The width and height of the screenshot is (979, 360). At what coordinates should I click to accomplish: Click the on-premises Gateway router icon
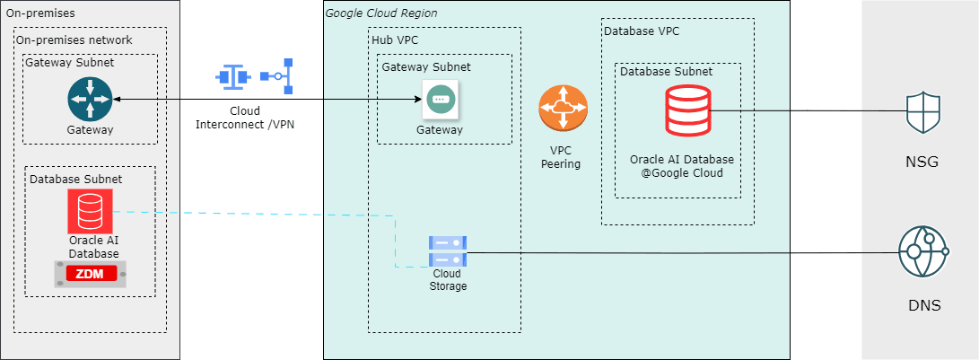(x=90, y=99)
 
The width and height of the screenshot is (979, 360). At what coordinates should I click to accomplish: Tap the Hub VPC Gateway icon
(x=440, y=99)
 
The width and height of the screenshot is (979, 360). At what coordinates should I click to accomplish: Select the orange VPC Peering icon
(x=563, y=110)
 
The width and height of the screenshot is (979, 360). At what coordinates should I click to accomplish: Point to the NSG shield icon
(x=923, y=111)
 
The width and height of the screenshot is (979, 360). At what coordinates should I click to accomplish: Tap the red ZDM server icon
(x=90, y=275)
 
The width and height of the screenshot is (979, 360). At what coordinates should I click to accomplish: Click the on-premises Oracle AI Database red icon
(x=90, y=212)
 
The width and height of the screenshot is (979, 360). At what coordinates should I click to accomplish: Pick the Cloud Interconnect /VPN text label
(x=244, y=118)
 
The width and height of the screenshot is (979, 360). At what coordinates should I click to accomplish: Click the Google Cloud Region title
(x=380, y=13)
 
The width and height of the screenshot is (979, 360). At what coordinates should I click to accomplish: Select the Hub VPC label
(x=395, y=40)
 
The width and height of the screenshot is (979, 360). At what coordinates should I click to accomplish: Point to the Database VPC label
(x=642, y=31)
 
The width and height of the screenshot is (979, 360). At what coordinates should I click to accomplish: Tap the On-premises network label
(x=74, y=40)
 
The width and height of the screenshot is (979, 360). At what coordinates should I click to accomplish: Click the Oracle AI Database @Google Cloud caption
(x=682, y=166)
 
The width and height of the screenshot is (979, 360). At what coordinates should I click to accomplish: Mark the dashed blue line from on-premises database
(x=269, y=214)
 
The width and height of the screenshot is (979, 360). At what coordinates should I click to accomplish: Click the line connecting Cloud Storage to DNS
(x=682, y=252)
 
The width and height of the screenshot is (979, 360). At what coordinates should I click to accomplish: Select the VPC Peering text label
(x=562, y=157)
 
